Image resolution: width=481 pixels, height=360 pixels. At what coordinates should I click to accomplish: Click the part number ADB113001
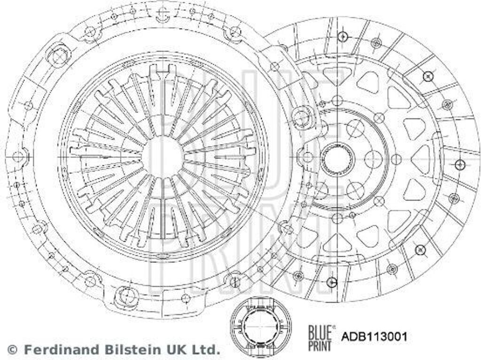(374, 336)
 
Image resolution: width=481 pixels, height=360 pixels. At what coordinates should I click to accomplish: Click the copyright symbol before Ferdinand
(13, 349)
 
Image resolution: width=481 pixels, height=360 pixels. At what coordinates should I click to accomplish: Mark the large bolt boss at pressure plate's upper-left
(59, 56)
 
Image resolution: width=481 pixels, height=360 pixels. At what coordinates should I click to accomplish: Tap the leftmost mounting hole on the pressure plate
(18, 156)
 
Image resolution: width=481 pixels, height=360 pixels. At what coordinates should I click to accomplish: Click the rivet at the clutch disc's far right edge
(460, 164)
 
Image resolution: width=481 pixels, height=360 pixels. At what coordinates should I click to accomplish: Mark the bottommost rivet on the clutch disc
(332, 282)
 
